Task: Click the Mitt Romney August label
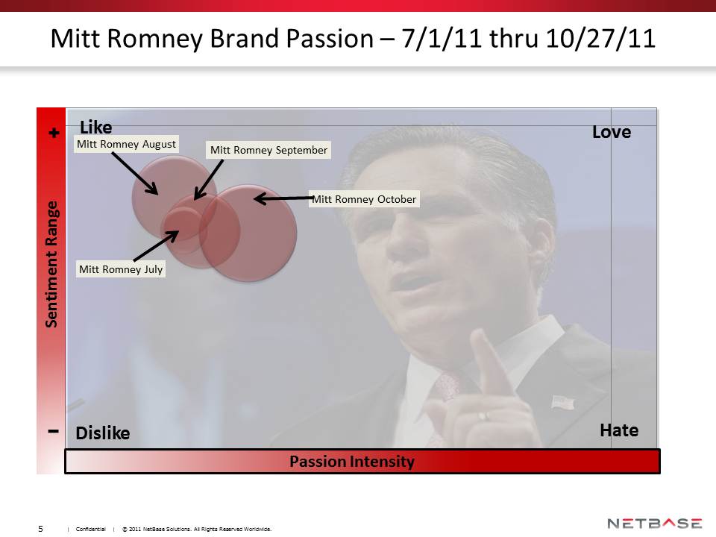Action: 126,144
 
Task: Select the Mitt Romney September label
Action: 268,150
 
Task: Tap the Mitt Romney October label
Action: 364,199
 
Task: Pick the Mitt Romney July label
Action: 121,269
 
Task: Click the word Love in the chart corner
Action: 612,132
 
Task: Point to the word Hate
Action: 619,430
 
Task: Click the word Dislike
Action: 103,433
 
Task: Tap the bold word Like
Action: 96,127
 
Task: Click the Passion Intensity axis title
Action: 352,461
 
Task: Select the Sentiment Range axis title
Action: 51,264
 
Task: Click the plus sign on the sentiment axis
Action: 54,133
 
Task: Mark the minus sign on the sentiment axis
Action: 54,430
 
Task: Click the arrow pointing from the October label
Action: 283,198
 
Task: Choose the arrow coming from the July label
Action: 156,245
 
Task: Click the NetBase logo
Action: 654,524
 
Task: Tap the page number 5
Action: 40,529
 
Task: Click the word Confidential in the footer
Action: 90,530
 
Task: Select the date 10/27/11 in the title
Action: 600,38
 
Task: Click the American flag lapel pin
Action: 562,402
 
